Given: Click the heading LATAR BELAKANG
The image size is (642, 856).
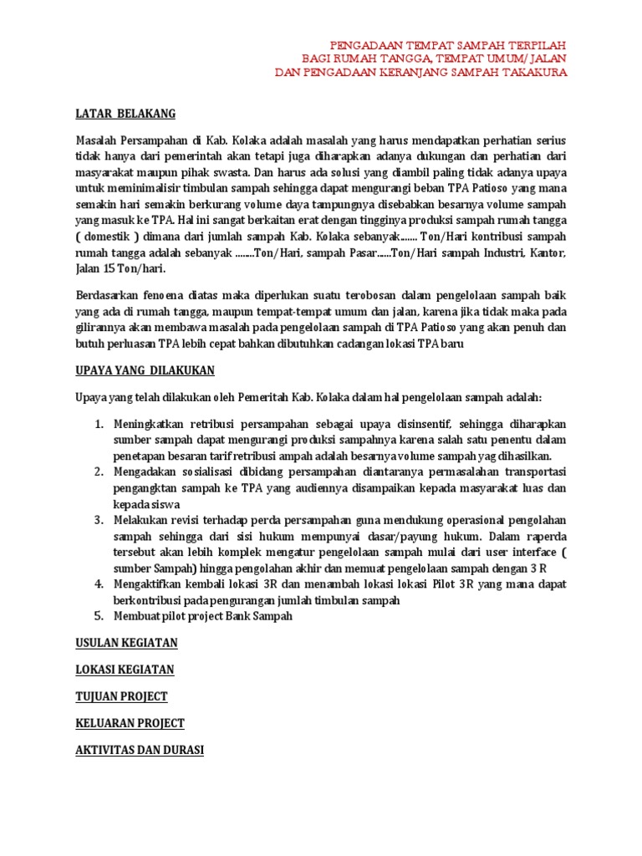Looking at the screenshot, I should [125, 114].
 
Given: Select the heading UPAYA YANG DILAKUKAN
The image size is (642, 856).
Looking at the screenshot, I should [145, 369].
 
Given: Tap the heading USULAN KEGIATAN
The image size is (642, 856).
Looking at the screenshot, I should [126, 643].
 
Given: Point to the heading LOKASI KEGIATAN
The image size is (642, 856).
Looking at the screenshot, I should [125, 670].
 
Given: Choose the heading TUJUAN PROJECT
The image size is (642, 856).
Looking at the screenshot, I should [121, 696].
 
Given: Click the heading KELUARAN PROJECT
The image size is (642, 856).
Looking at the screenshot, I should [130, 723].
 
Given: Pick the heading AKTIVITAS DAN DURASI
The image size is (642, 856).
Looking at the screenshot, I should [140, 750].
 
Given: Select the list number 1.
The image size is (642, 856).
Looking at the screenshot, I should [98, 425].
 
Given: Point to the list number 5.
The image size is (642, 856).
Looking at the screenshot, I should [98, 616].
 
